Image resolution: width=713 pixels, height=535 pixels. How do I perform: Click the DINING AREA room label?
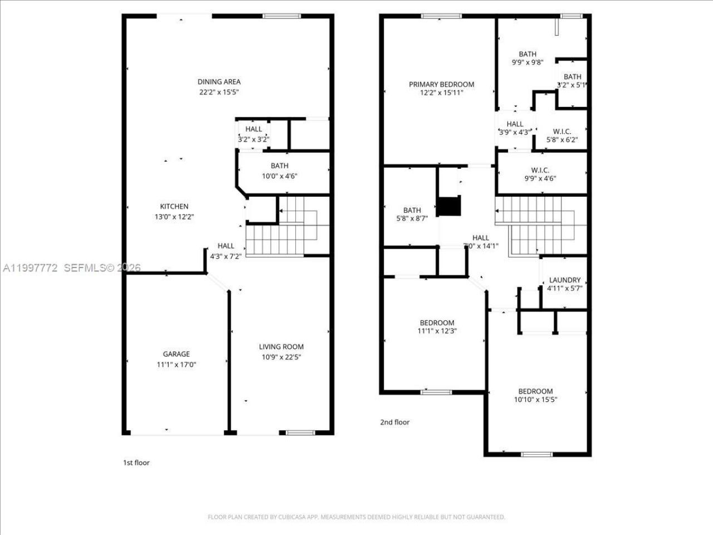coord(219,82)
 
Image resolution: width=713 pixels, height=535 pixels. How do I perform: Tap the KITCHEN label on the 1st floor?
coord(174,207)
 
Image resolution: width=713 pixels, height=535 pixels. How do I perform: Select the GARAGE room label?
coord(176,354)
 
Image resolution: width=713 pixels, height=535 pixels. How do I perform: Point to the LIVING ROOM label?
coord(281,347)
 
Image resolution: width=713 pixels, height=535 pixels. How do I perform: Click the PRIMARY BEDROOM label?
coord(441,85)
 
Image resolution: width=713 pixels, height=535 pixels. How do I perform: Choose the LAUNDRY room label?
coord(564,280)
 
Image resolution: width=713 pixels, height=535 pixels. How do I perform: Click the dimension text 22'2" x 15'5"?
coord(219,93)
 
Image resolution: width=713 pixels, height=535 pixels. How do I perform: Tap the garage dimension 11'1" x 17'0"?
coord(176,364)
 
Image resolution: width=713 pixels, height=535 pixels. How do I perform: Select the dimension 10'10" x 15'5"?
coord(535,400)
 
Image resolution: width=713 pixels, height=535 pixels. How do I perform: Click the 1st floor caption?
coord(136,463)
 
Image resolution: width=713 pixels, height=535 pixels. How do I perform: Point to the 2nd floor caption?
coord(394,422)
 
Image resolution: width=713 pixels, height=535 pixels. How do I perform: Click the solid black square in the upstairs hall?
coord(449,206)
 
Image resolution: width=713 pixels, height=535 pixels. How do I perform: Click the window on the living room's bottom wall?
coord(300,432)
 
